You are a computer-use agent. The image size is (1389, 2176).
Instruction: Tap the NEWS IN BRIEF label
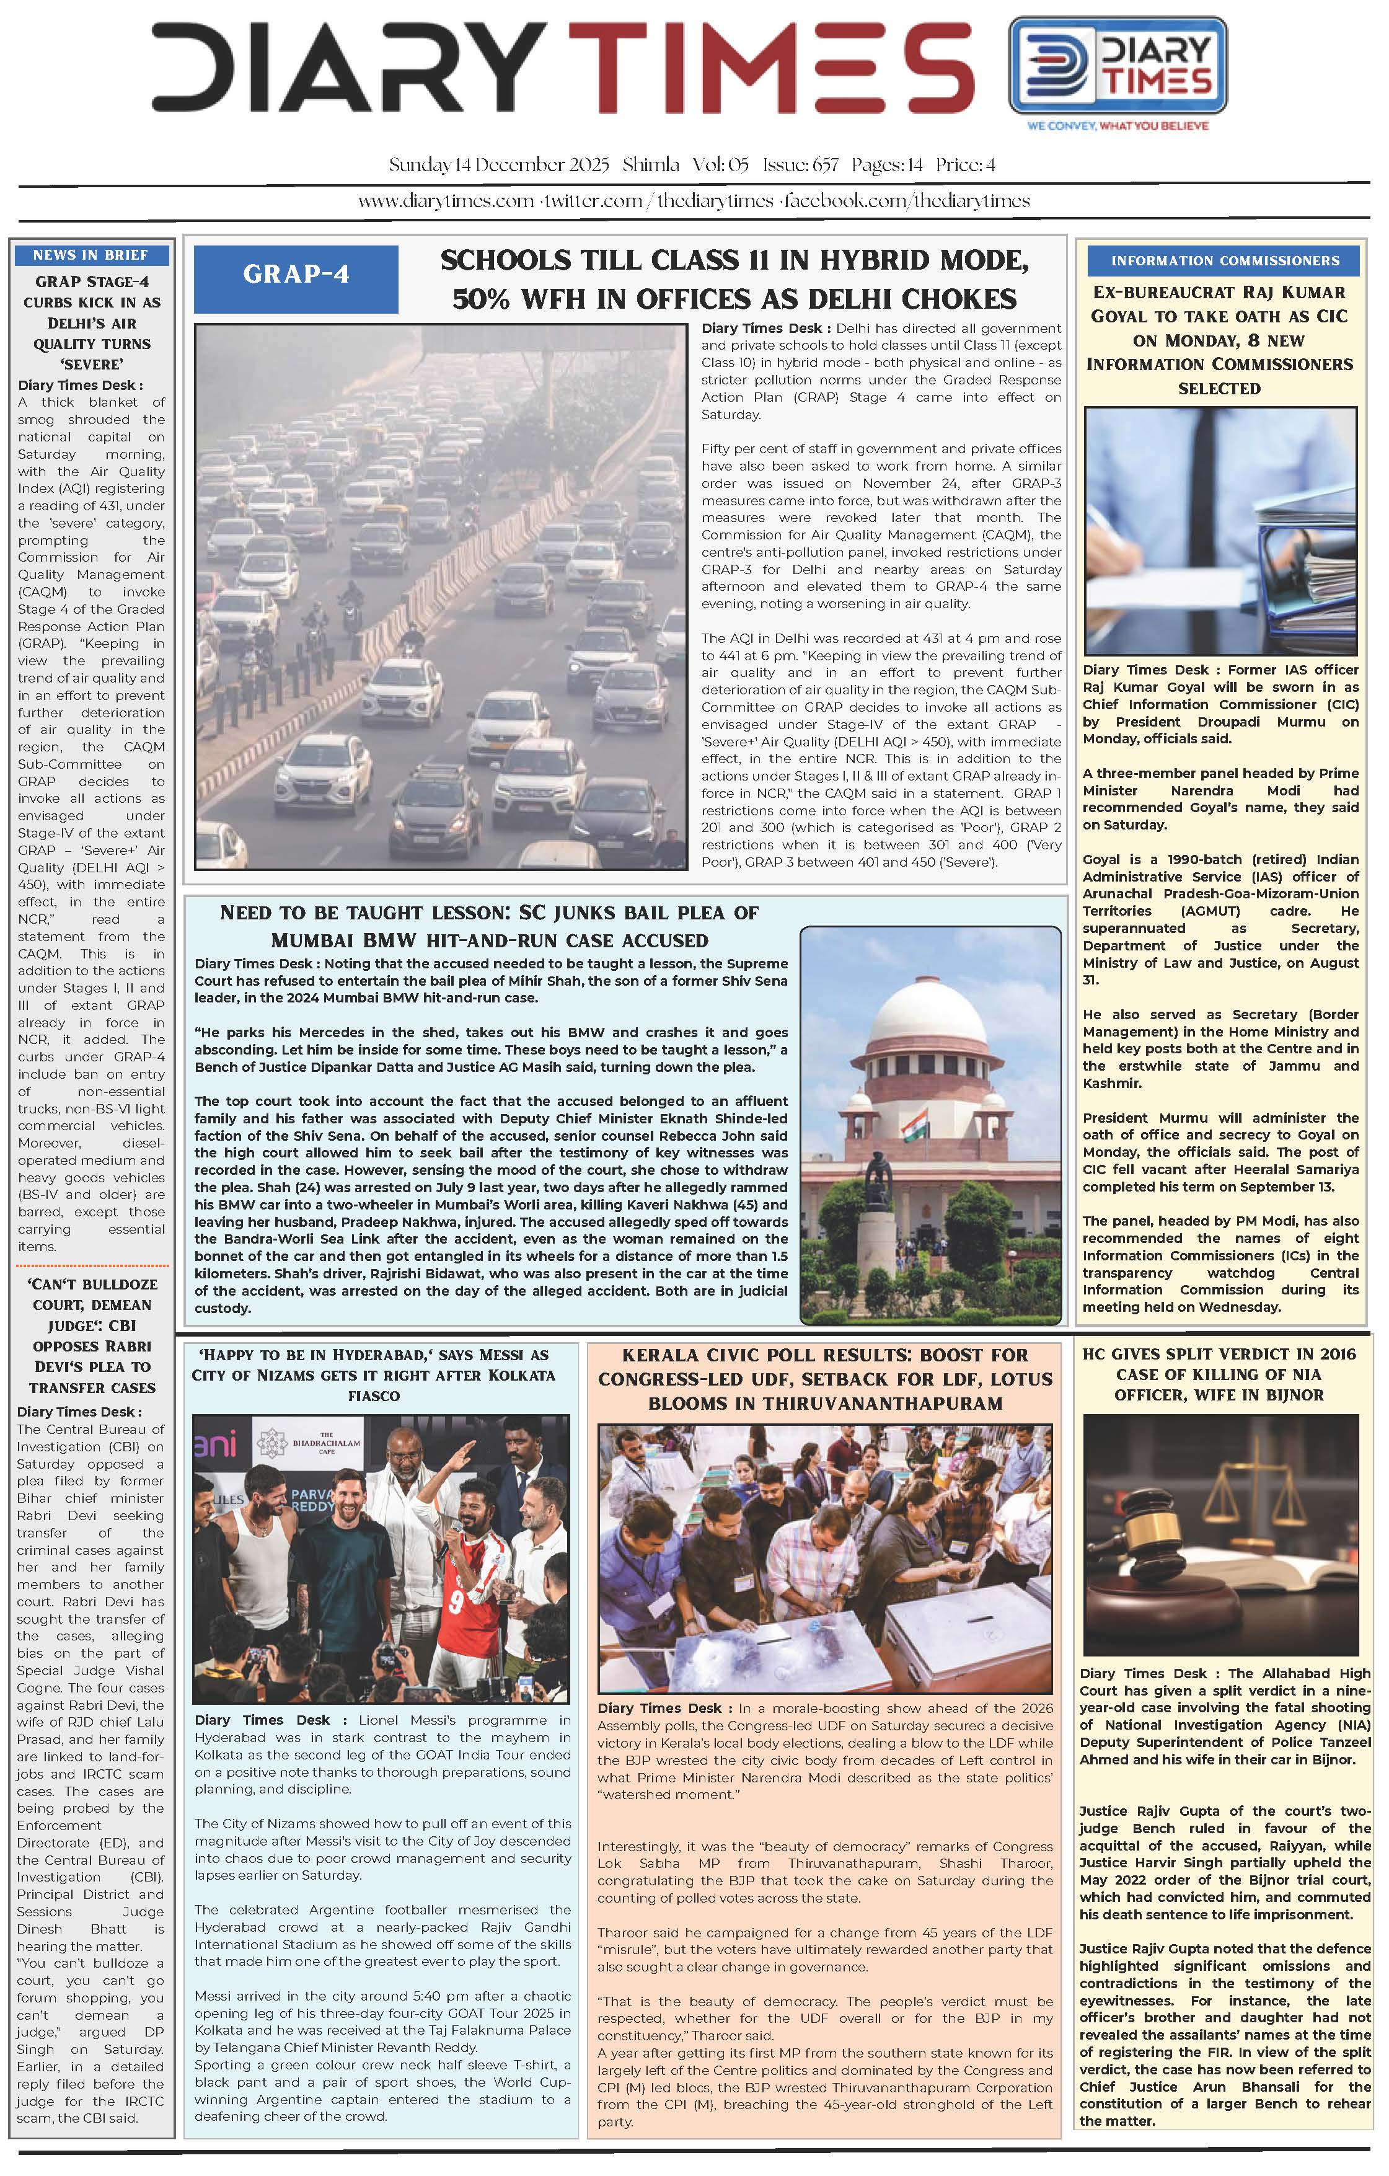90,255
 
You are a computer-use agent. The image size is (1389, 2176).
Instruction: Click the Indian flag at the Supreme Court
914,1126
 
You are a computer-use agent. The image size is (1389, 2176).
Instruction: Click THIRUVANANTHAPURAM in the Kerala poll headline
824,1404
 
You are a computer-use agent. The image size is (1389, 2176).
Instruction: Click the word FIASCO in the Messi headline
373,1396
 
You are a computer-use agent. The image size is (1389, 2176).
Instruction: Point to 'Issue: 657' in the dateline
800,166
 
